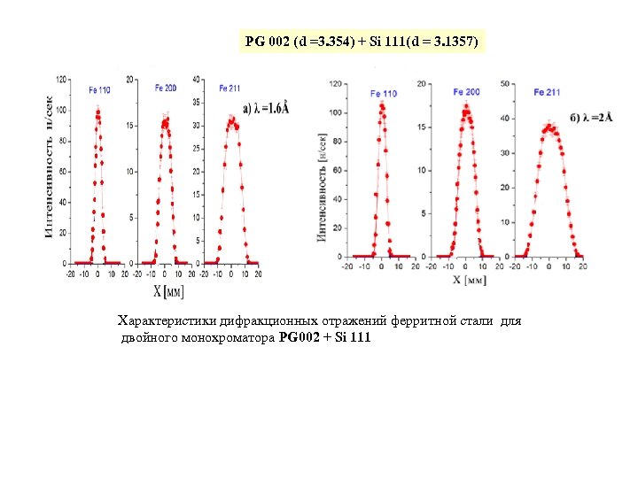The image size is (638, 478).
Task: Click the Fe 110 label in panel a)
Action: click(99, 89)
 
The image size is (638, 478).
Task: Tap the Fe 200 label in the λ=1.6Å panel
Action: click(166, 88)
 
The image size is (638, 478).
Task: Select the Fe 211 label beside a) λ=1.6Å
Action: click(230, 88)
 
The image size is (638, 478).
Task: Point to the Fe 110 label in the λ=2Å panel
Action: click(384, 93)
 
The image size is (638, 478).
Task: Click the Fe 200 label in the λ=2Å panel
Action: click(466, 92)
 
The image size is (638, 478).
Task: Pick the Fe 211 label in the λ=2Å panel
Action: click(547, 92)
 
